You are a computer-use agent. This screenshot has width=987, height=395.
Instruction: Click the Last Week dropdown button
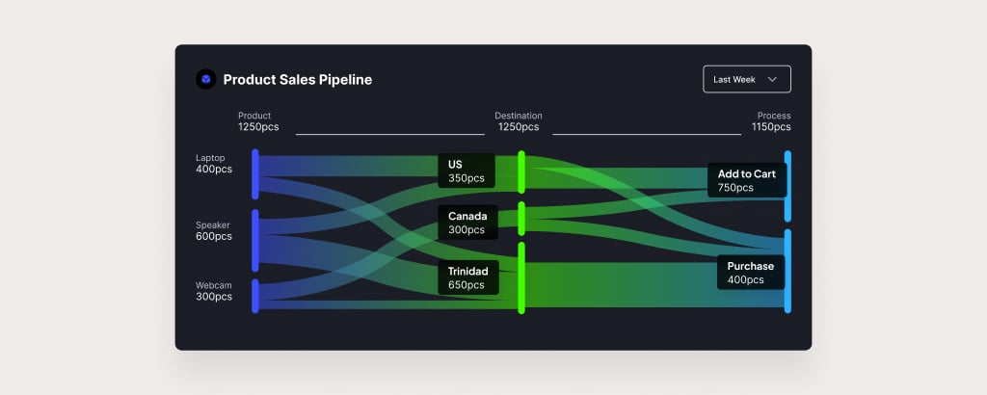[747, 79]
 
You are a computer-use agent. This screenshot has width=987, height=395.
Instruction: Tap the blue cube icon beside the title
[206, 79]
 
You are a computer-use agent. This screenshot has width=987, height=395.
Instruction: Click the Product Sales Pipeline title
[298, 80]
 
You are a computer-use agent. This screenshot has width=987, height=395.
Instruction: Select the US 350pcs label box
[467, 171]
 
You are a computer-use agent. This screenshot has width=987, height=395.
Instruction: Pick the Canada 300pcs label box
[467, 223]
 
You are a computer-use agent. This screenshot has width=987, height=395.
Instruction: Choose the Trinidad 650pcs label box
[468, 278]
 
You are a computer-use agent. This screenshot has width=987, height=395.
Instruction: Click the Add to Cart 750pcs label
[747, 180]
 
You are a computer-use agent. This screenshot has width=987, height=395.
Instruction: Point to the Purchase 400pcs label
[751, 273]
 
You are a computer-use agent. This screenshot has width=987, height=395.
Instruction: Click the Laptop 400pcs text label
[214, 164]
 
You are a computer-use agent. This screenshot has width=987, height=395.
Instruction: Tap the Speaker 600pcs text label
[214, 231]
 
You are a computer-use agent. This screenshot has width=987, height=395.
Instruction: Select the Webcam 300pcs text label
[214, 291]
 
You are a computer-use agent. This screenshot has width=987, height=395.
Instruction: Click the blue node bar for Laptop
[254, 174]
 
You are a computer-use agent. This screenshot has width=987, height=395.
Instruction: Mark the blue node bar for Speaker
[254, 240]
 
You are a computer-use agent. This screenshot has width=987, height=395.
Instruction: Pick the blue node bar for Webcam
[254, 296]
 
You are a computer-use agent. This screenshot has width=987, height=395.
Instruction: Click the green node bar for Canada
[521, 219]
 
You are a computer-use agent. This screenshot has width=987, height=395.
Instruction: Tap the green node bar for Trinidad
[521, 278]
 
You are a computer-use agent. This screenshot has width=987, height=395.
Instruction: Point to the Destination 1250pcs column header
[519, 121]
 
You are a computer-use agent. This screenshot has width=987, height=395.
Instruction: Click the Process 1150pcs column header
[772, 121]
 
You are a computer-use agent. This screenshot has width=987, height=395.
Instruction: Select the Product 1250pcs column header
[258, 121]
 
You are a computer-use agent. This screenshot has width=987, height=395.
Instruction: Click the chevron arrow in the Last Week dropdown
[772, 79]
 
